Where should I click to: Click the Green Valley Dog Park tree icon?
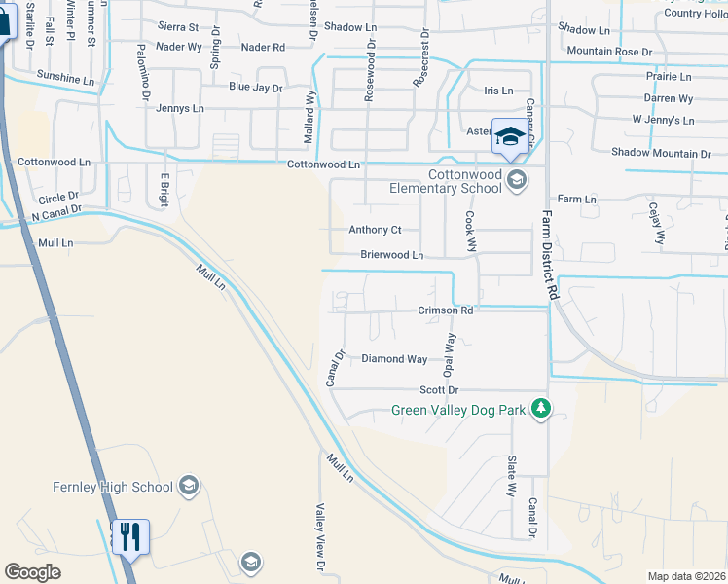tap(541, 410)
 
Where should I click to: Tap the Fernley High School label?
tap(114, 487)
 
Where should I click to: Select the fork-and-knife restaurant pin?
tap(129, 536)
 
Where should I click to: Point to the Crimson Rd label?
tap(446, 311)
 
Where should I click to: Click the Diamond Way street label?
tap(394, 359)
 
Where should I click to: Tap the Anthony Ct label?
tap(375, 231)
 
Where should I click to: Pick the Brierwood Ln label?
tap(391, 255)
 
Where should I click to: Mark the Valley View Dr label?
tap(318, 536)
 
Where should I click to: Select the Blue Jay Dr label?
tap(255, 88)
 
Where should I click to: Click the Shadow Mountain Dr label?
tap(660, 154)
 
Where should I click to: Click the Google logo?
tap(32, 572)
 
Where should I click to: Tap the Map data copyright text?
tap(687, 576)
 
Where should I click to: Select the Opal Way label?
tap(450, 355)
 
